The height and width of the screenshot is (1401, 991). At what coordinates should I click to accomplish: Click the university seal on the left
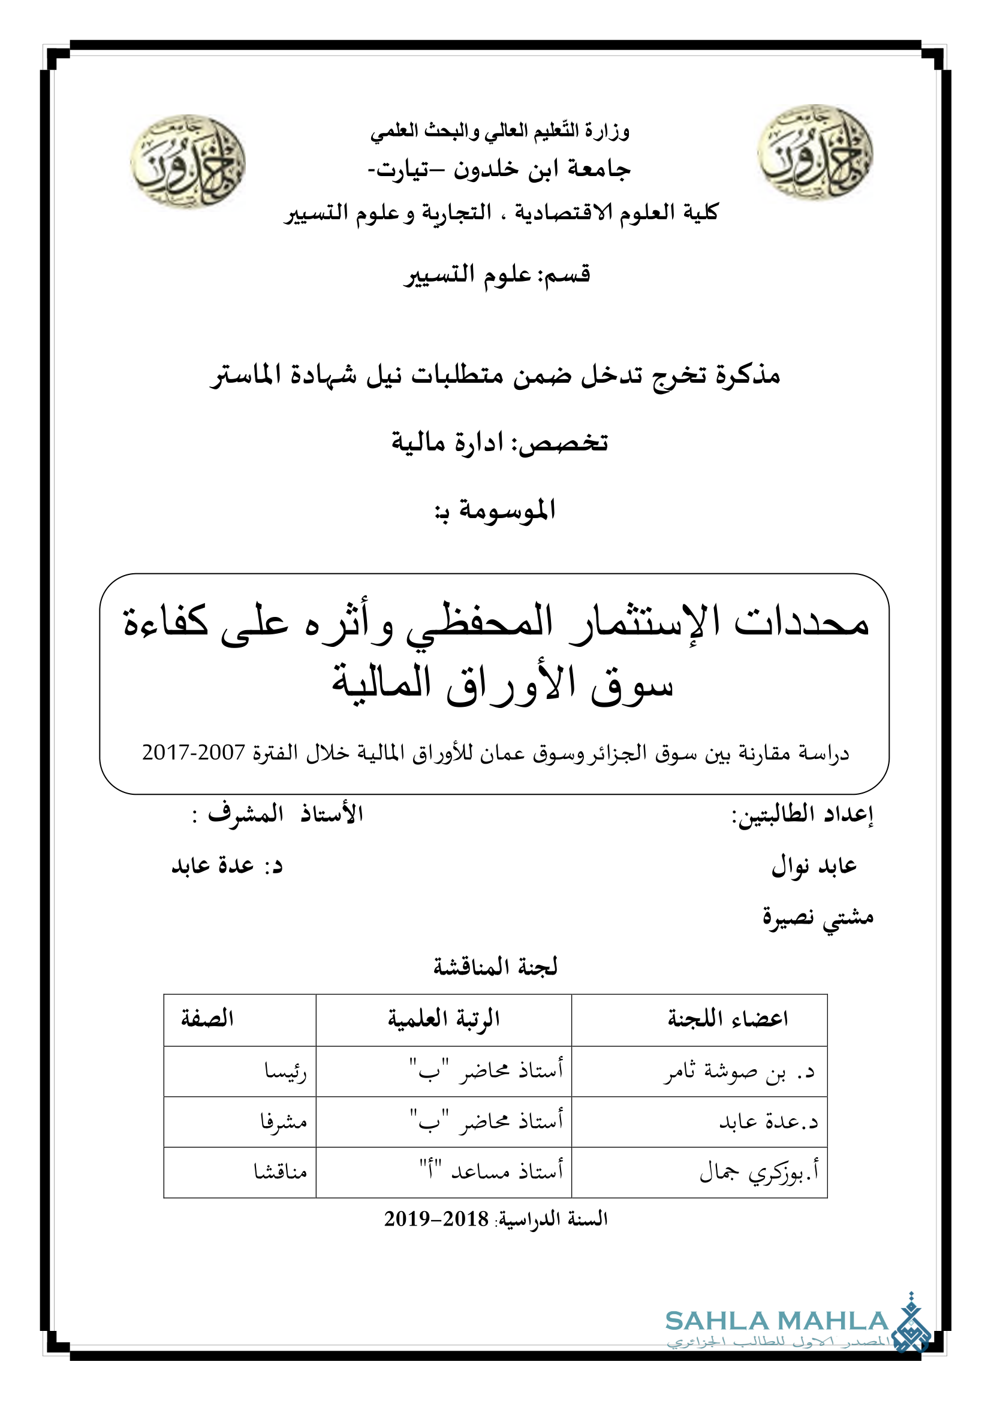(188, 161)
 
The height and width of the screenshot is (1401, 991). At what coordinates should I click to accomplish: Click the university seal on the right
(815, 152)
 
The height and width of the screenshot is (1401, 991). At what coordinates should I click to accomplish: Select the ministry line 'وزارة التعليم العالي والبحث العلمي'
(499, 131)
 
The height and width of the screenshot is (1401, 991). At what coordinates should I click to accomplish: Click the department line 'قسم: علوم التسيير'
(497, 274)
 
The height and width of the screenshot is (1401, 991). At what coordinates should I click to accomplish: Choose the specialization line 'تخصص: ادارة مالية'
(499, 442)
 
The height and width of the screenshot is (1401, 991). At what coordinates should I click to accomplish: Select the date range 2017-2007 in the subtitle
(194, 752)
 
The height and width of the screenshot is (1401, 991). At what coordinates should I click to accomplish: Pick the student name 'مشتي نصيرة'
(818, 916)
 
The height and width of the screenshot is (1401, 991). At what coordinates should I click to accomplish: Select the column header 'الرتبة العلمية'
(444, 1018)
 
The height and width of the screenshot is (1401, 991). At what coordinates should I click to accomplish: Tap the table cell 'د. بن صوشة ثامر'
(739, 1072)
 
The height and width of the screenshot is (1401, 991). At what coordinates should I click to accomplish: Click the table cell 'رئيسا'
(285, 1072)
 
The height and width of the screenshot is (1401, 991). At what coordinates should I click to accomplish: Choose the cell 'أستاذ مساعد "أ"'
(491, 1171)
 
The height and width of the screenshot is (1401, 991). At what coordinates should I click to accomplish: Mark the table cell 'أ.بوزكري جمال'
(759, 1171)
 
